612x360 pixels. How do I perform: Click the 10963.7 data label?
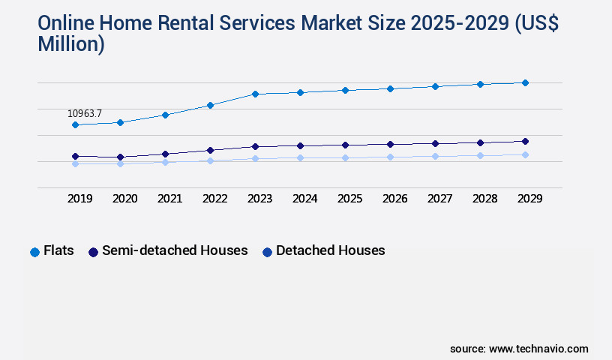pyautogui.click(x=85, y=114)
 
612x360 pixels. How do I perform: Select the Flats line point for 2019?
pyautogui.click(x=75, y=125)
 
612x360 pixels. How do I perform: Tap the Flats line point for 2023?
pyautogui.click(x=255, y=94)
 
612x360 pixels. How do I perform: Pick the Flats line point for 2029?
pyautogui.click(x=525, y=82)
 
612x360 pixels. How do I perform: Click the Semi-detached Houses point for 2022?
pyautogui.click(x=210, y=150)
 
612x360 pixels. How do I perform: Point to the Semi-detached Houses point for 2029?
pyautogui.click(x=525, y=141)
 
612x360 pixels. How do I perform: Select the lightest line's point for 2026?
pyautogui.click(x=390, y=157)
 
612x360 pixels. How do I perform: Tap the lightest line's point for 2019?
pyautogui.click(x=75, y=163)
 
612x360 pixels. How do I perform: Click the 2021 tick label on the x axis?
pyautogui.click(x=169, y=199)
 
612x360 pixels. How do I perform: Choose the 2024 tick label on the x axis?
pyautogui.click(x=304, y=199)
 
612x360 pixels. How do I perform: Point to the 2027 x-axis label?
pyautogui.click(x=439, y=199)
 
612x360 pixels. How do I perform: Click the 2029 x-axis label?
pyautogui.click(x=529, y=199)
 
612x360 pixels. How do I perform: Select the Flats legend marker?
pyautogui.click(x=34, y=252)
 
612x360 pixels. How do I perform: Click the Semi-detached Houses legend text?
pyautogui.click(x=175, y=250)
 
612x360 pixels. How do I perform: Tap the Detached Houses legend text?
pyautogui.click(x=330, y=250)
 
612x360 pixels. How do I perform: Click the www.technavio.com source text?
pyautogui.click(x=538, y=349)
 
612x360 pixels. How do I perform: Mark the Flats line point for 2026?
pyautogui.click(x=390, y=88)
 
